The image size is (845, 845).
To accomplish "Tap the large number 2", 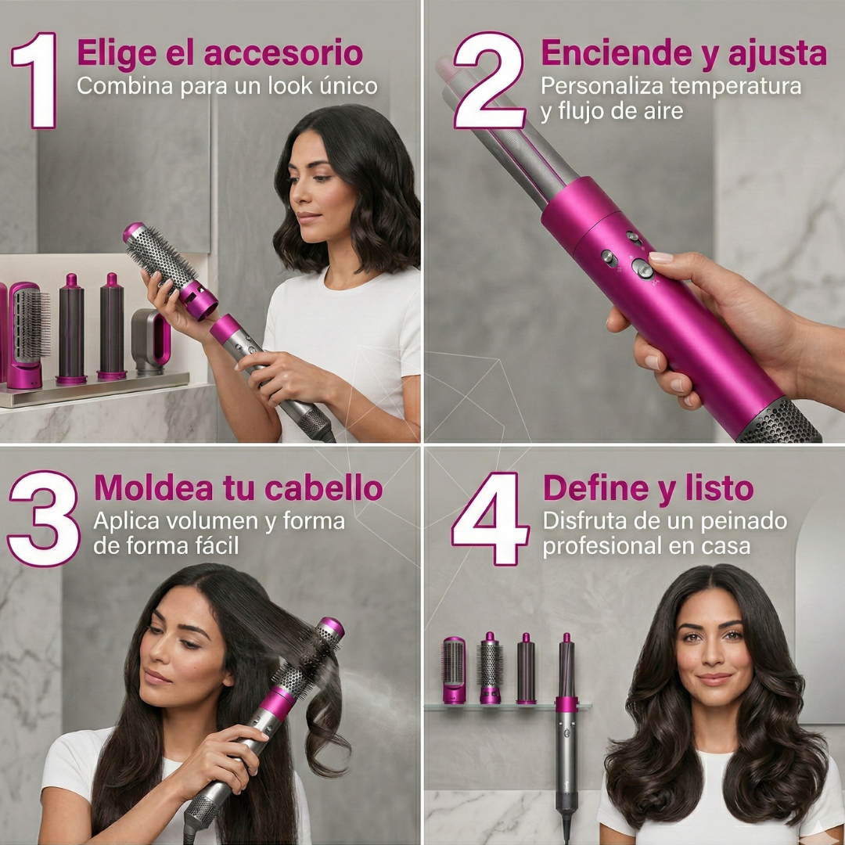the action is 489,81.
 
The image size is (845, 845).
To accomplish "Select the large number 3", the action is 44,519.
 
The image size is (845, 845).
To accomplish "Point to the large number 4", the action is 491,519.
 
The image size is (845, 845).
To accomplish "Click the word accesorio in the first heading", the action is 283,53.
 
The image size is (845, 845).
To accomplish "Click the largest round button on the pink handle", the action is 642,268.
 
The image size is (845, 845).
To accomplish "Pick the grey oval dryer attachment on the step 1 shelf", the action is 152,342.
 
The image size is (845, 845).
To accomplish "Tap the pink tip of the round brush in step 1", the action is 133,232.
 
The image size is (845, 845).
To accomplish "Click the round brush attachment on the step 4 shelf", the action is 490,668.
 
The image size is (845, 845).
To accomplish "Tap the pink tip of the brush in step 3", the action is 331,627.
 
